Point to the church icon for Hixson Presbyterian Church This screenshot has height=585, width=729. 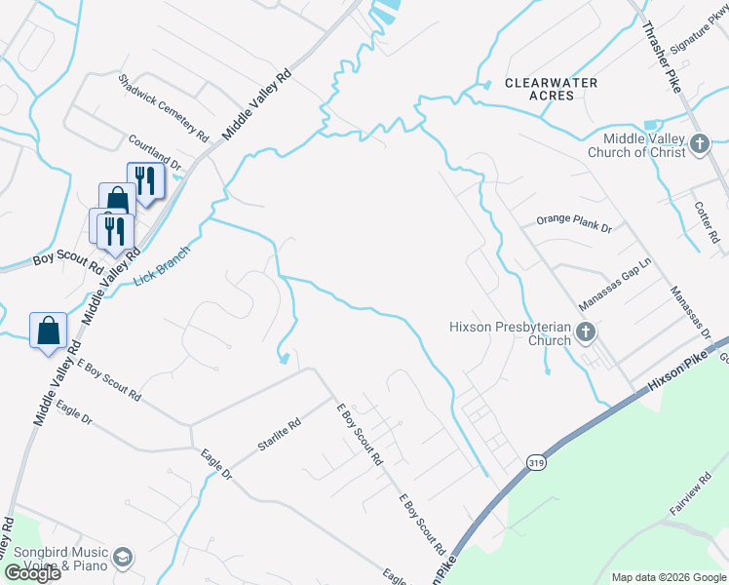click(x=586, y=333)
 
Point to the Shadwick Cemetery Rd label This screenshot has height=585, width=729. click(x=164, y=107)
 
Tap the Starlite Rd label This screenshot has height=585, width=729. click(x=280, y=433)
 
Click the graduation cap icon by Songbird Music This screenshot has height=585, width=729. click(x=123, y=558)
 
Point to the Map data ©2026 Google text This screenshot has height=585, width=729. click(x=668, y=577)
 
